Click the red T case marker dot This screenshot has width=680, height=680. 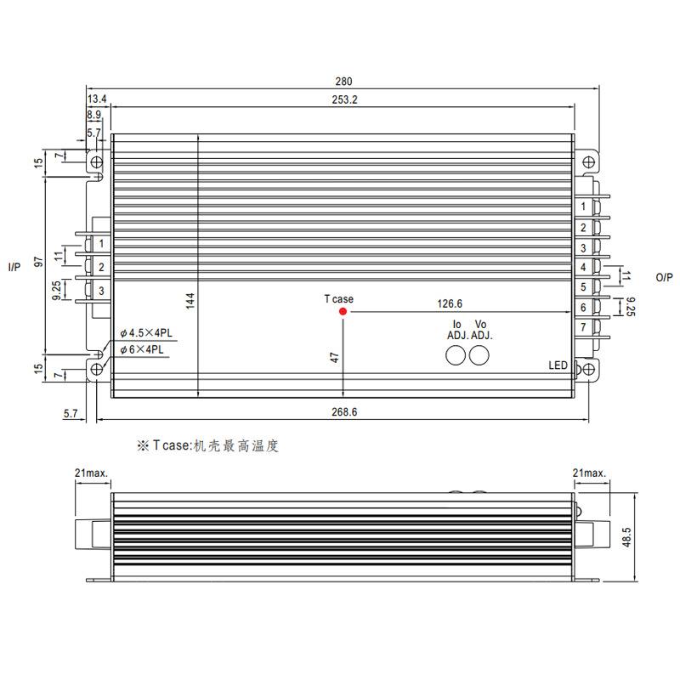coord(343,312)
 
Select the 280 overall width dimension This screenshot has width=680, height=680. coord(343,82)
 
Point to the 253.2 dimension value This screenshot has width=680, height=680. coord(343,99)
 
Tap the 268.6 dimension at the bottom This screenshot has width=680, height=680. coord(343,411)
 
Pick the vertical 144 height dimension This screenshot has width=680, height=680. coord(190,300)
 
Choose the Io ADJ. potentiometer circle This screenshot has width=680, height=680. coord(457,355)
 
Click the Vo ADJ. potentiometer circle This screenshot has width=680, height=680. coord(480,355)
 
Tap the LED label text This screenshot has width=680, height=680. coord(558,365)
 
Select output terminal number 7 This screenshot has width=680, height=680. coord(583,327)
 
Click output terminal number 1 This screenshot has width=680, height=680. coord(583,207)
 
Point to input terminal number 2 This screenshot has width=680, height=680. coord(101,268)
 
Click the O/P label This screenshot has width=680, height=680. coord(664,277)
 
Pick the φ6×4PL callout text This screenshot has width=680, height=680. coord(142,349)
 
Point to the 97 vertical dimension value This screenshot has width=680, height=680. coord(37,263)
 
